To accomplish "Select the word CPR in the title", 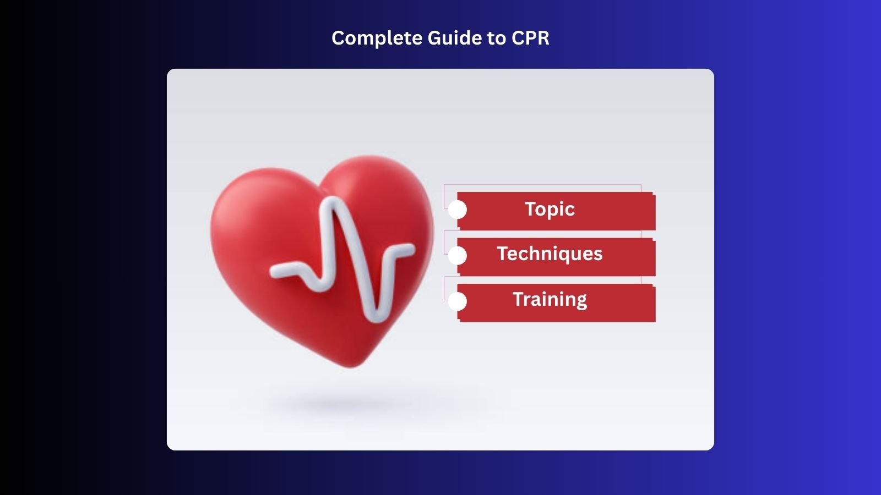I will [530, 38].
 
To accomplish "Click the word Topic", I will [550, 209].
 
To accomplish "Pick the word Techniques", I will [550, 254].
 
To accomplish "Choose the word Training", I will [550, 299].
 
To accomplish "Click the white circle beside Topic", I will [458, 210].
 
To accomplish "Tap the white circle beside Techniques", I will [458, 255].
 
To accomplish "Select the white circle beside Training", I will [458, 301].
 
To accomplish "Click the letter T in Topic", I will [530, 209].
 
